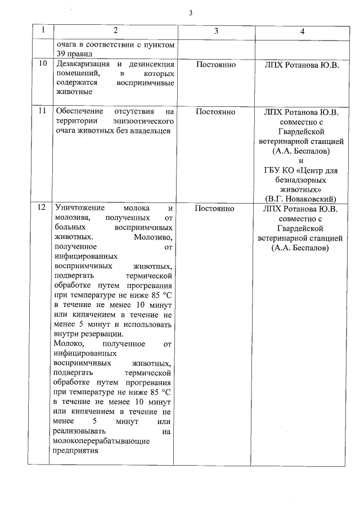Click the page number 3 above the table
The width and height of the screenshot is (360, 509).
[191, 13]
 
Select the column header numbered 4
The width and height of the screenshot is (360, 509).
[302, 31]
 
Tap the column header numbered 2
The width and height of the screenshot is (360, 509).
[115, 31]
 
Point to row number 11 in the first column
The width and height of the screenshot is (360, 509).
[42, 111]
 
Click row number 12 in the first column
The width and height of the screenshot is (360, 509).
[42, 208]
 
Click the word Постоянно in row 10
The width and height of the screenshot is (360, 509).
[215, 65]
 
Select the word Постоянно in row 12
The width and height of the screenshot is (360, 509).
[215, 208]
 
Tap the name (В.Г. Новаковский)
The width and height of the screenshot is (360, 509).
[301, 198]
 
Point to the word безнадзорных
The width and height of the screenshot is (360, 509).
[301, 179]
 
